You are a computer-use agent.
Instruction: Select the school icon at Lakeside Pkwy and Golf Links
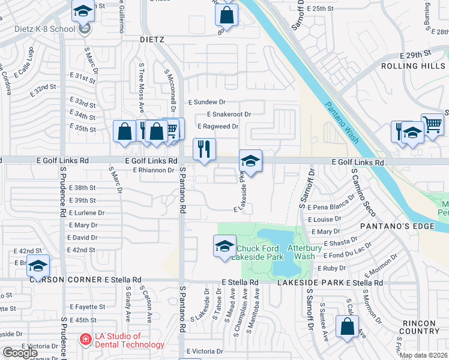tap(251, 160)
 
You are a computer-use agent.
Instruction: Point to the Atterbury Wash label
tap(305, 252)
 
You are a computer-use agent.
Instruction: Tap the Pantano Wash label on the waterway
tap(343, 123)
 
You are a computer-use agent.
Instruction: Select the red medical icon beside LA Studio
tap(86, 340)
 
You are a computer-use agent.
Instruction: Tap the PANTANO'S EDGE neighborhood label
tap(392, 226)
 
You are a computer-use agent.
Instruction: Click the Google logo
tap(20, 352)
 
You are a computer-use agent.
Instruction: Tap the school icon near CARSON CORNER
tap(38, 266)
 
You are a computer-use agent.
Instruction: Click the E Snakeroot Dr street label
tap(228, 114)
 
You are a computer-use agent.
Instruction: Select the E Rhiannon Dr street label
tap(153, 170)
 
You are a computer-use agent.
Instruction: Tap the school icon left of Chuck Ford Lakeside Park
tap(224, 245)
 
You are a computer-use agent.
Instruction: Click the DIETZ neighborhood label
tap(152, 40)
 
